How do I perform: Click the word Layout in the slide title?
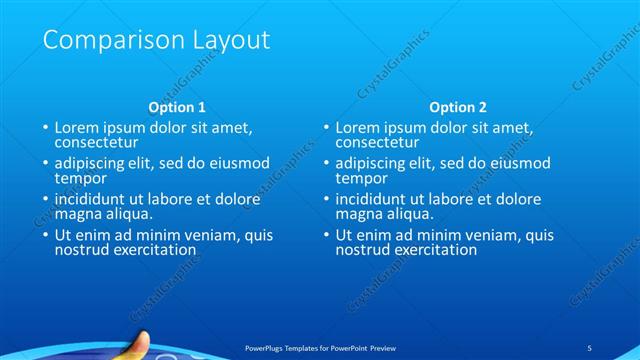click(229, 41)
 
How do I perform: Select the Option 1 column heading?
click(177, 107)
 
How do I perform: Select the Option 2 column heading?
click(458, 107)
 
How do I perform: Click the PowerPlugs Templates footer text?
click(320, 346)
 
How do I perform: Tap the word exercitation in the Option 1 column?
click(152, 250)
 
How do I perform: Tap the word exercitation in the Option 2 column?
click(433, 250)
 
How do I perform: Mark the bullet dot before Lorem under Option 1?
click(45, 129)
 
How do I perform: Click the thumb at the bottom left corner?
click(140, 344)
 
